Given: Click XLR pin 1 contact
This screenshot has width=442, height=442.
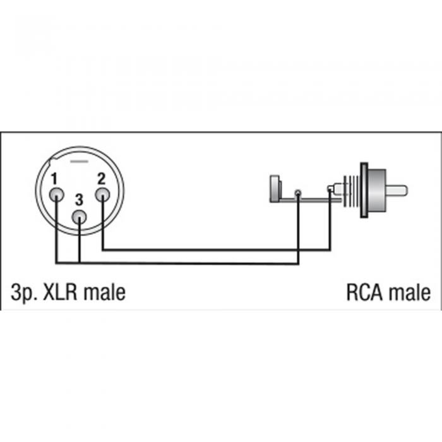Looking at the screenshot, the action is (56, 194).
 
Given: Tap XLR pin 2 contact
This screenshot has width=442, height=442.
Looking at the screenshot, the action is (102, 194).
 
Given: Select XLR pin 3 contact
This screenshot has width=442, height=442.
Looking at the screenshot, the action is (79, 217).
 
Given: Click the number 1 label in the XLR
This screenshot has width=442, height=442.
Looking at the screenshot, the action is (54, 179).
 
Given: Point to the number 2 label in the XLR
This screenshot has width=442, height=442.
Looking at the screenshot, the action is (101, 178).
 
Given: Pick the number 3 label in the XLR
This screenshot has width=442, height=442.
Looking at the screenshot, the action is (79, 200).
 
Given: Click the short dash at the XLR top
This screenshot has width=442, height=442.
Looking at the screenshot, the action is (79, 162).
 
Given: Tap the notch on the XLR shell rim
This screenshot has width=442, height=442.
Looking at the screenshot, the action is (53, 163).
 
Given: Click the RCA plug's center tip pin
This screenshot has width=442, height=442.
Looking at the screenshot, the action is (397, 191).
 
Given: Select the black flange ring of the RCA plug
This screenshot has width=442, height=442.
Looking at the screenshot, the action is (364, 190).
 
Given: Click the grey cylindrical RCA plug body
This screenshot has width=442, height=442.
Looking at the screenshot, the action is (377, 190).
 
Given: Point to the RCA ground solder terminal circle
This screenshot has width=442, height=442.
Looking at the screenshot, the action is (297, 193).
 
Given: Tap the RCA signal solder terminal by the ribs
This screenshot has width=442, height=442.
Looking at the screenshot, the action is (330, 188).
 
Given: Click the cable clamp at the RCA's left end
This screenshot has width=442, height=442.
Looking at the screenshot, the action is (275, 189).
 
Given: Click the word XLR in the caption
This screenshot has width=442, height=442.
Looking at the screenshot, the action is (60, 292).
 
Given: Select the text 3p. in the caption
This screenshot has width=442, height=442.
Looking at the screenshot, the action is (24, 293).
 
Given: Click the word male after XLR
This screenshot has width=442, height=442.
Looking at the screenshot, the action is (105, 292).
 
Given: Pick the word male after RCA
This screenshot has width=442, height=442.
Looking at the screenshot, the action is (410, 292).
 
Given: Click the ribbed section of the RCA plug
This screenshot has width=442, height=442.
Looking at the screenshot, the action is (352, 191).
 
